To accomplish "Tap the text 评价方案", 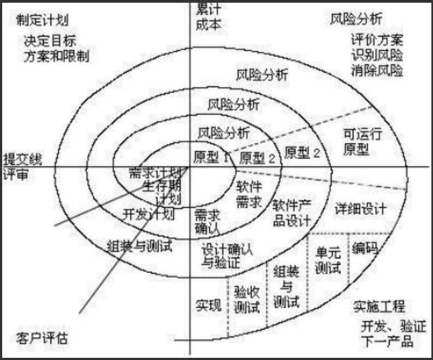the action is coord(376,41).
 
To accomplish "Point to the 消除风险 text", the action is coord(376,70).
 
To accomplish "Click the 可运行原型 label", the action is coord(362,141).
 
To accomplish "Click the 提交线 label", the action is coord(22,159).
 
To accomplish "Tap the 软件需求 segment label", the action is coord(249,194).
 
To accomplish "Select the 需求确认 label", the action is coord(207,221).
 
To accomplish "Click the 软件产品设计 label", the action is coord(292,213).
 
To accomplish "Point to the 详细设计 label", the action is coord(361,208).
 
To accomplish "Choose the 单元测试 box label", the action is coord(328,260).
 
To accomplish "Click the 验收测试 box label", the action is coord(247,300).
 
